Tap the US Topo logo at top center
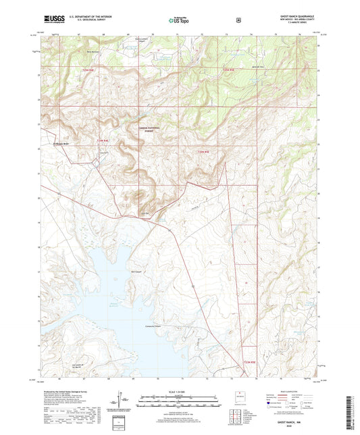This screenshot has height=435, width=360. (179, 21)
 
